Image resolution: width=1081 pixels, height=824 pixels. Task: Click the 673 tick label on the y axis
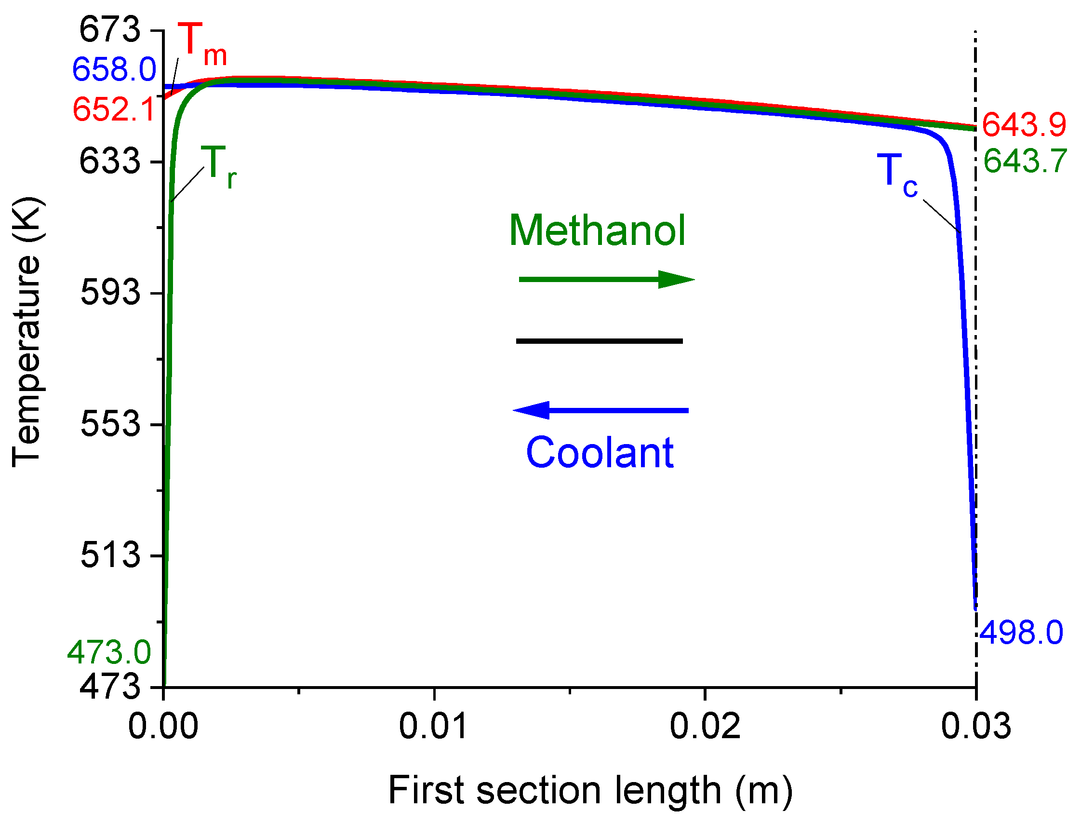[x=110, y=30]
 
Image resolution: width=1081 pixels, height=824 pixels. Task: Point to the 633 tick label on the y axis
[x=110, y=162]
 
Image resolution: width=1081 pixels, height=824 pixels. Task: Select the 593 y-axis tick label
[x=110, y=293]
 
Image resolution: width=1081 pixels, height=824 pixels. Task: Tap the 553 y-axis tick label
[x=110, y=424]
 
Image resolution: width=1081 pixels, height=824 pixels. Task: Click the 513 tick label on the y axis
[x=110, y=555]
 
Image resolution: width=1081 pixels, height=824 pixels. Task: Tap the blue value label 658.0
[x=114, y=69]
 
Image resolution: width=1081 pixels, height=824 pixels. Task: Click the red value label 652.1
[x=114, y=109]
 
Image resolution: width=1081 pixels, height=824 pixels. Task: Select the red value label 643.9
[x=1024, y=124]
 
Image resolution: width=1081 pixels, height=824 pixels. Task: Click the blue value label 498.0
[x=1021, y=633]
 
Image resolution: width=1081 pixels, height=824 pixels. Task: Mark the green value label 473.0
[x=109, y=653]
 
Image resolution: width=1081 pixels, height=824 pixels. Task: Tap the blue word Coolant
[x=599, y=453]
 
